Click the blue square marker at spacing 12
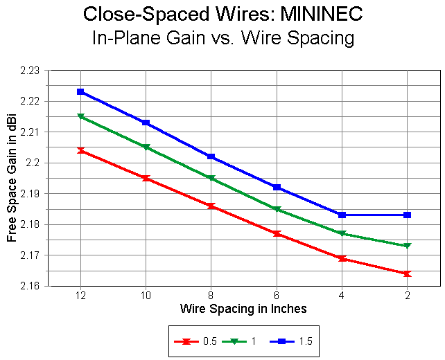(x=80, y=91)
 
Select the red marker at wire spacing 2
(x=408, y=273)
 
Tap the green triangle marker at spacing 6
(x=277, y=209)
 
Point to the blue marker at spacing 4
(x=342, y=215)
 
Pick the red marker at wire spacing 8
(x=211, y=206)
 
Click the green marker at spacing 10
(x=146, y=147)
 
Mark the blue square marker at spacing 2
(x=408, y=215)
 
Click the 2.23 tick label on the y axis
(x=30, y=71)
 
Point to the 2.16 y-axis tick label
(x=30, y=286)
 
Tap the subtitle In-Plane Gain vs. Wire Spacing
(x=222, y=37)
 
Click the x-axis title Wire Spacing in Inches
(x=243, y=308)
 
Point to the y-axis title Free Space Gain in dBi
(x=12, y=178)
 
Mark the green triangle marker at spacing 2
(x=408, y=246)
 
